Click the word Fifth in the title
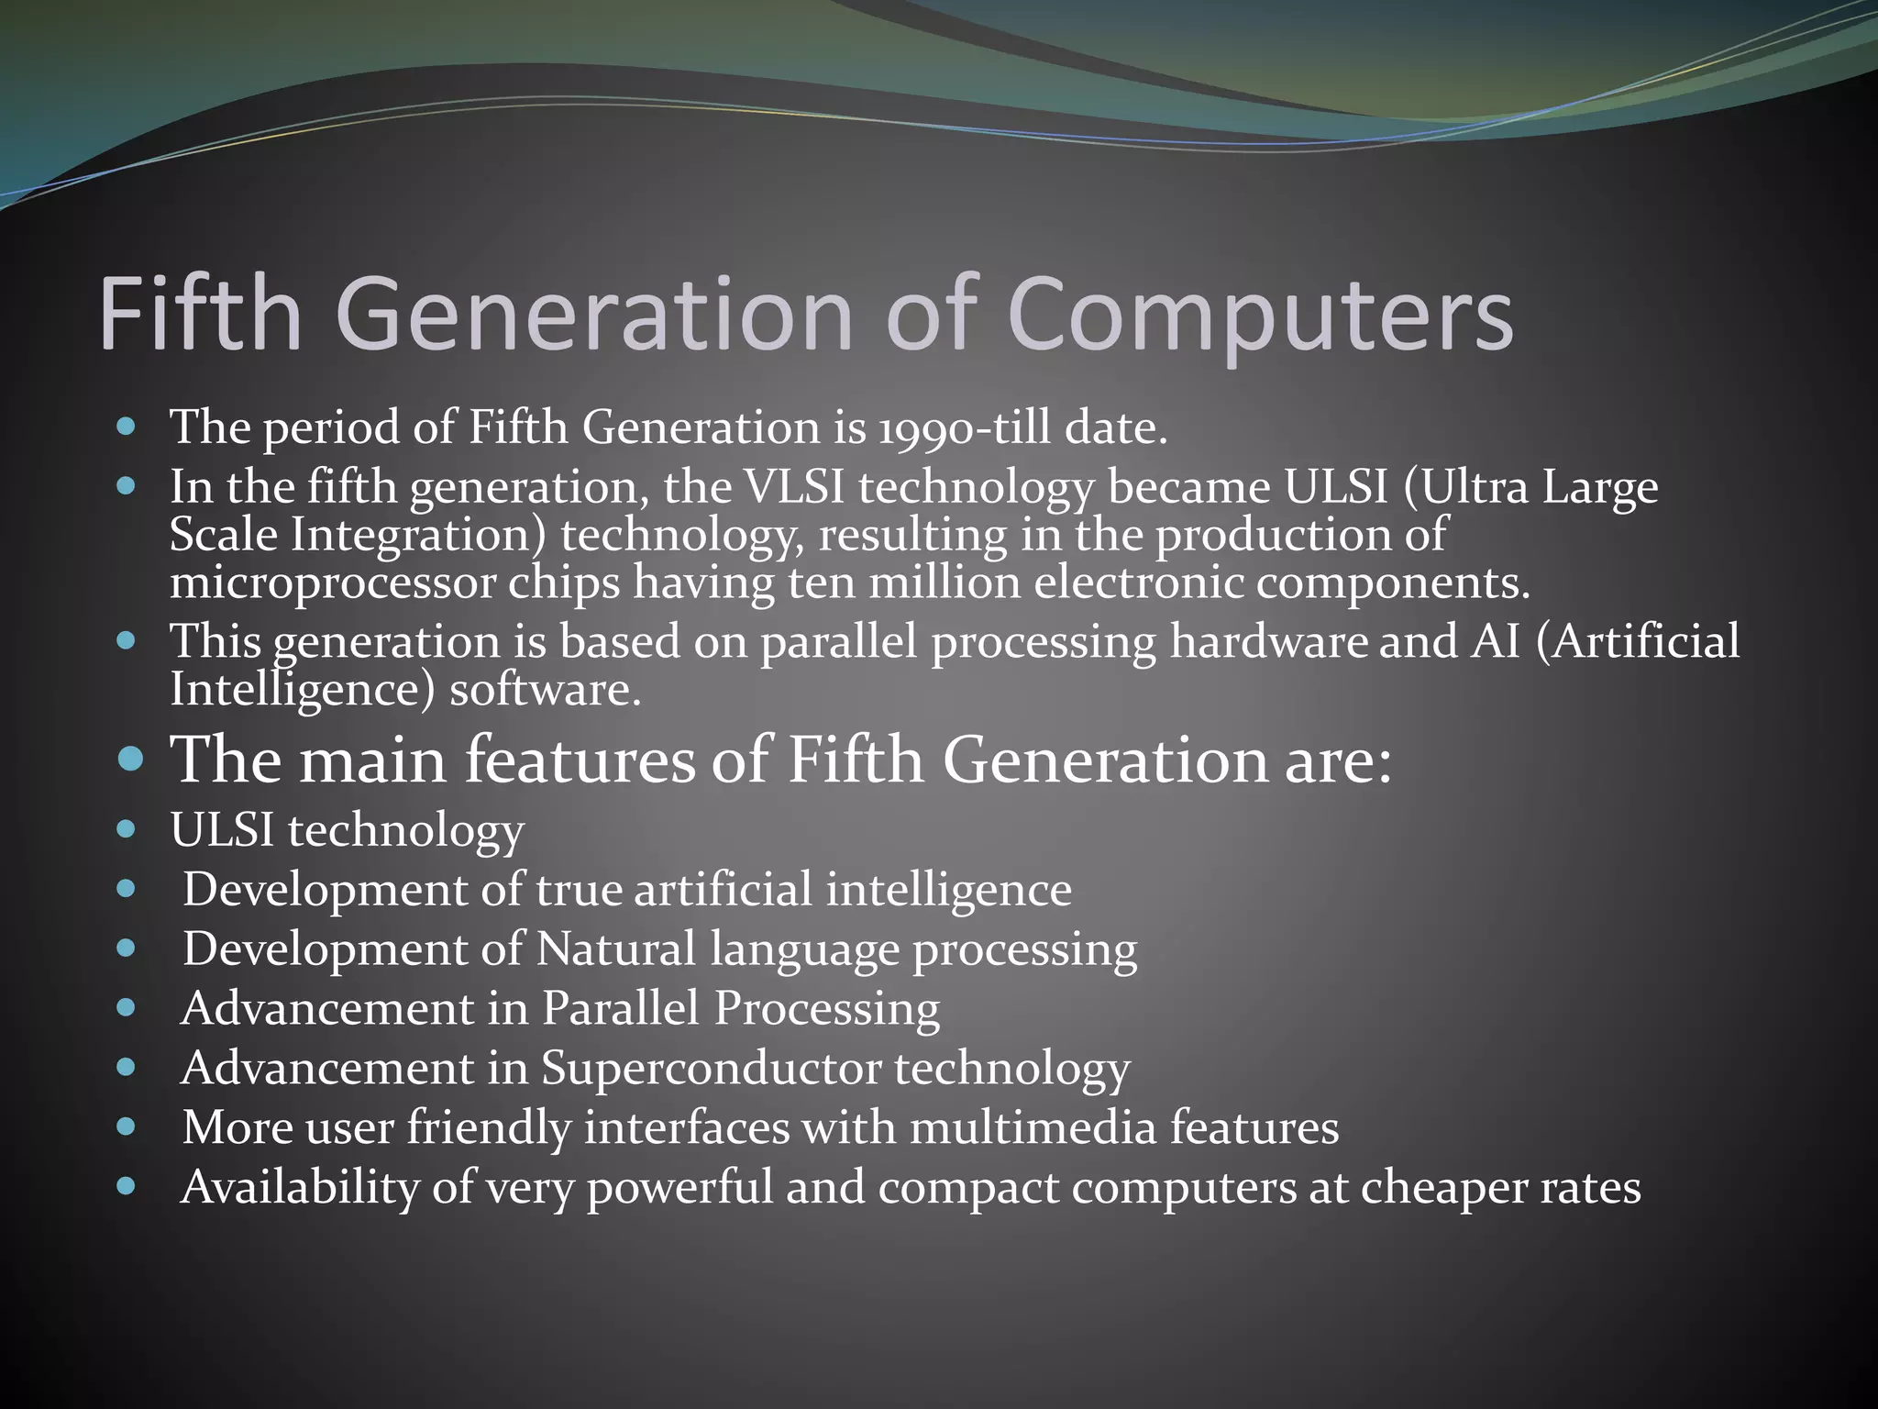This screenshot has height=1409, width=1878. pos(200,314)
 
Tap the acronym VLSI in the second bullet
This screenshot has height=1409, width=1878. pos(793,487)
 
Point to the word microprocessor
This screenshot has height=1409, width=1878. pos(332,583)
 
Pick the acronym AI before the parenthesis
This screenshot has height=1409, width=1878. pos(1496,641)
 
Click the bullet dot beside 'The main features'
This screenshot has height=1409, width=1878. pos(131,759)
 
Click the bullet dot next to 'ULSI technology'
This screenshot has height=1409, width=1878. pos(127,830)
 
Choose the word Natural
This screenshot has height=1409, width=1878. pos(616,949)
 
